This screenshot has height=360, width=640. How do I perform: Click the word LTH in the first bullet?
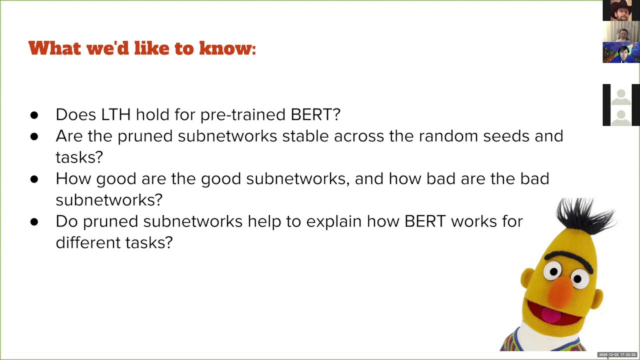[115, 114]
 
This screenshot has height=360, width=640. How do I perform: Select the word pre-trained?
[243, 115]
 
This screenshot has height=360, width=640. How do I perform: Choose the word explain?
[334, 222]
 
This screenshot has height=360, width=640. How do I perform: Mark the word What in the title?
[55, 47]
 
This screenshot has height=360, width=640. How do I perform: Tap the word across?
[359, 137]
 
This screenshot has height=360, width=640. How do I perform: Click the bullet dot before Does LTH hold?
[34, 115]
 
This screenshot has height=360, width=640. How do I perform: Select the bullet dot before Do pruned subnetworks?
[34, 222]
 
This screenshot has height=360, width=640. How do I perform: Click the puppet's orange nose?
[560, 291]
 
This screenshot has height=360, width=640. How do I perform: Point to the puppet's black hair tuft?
[584, 216]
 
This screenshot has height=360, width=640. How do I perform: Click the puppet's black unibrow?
[568, 260]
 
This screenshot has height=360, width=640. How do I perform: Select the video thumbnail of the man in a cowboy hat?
[621, 10]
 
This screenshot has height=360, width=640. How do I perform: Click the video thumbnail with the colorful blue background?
[621, 52]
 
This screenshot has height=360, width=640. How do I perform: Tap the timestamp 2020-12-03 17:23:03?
[617, 354]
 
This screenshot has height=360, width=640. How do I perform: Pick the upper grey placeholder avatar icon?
[621, 97]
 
